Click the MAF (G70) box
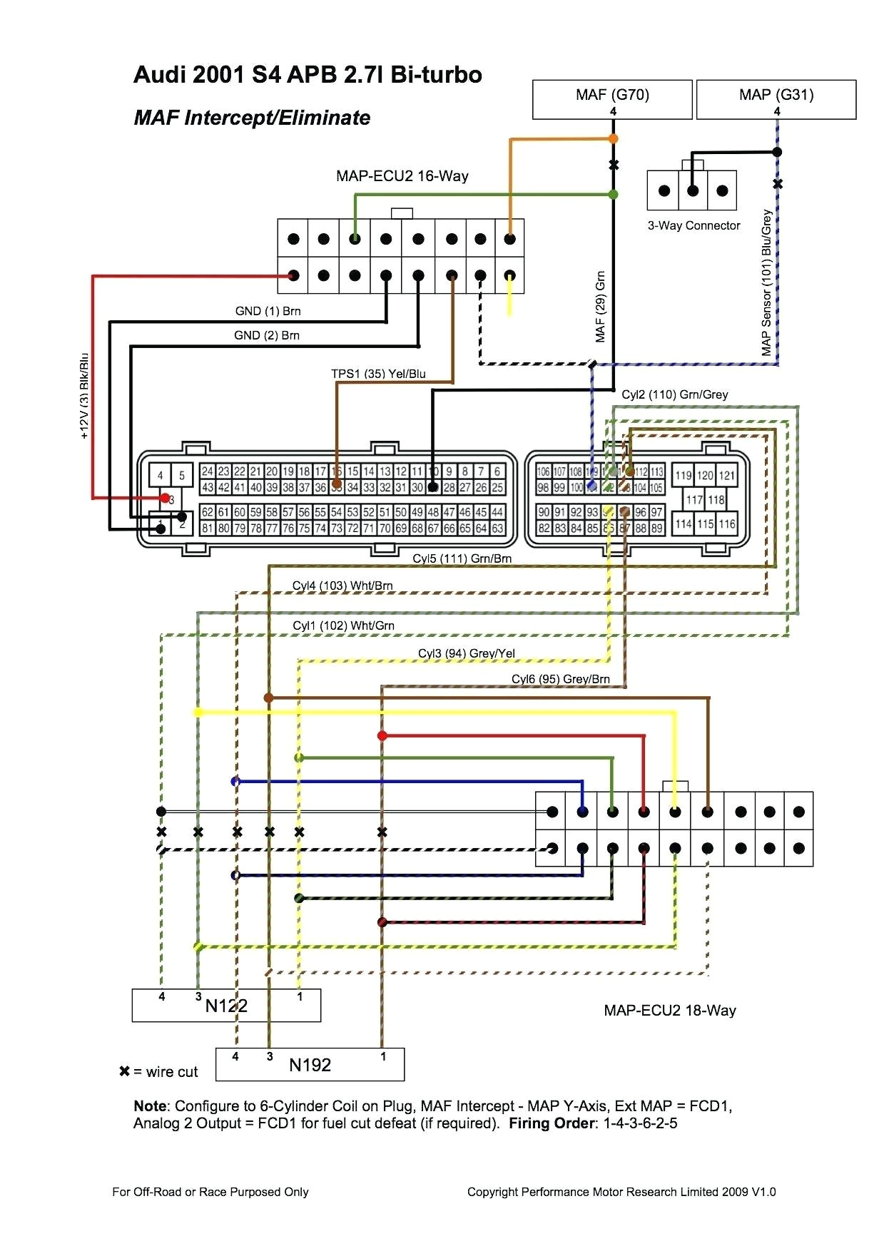click(612, 99)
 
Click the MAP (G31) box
click(776, 99)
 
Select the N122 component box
click(226, 1005)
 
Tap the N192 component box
click(310, 1064)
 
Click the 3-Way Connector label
click(694, 225)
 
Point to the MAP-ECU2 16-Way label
click(402, 176)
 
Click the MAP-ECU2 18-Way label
click(669, 1010)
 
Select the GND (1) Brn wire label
click(268, 311)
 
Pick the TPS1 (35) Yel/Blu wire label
click(378, 374)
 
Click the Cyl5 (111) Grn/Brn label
click(462, 558)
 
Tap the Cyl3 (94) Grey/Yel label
click(466, 653)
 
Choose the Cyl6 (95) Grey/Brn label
click(560, 679)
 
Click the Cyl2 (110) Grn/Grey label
click(674, 394)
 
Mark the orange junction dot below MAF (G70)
click(613, 139)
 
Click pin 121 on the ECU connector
click(726, 475)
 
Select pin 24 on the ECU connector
click(207, 471)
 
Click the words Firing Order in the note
click(552, 1123)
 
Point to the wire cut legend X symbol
click(124, 1071)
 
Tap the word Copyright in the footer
click(492, 1192)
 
